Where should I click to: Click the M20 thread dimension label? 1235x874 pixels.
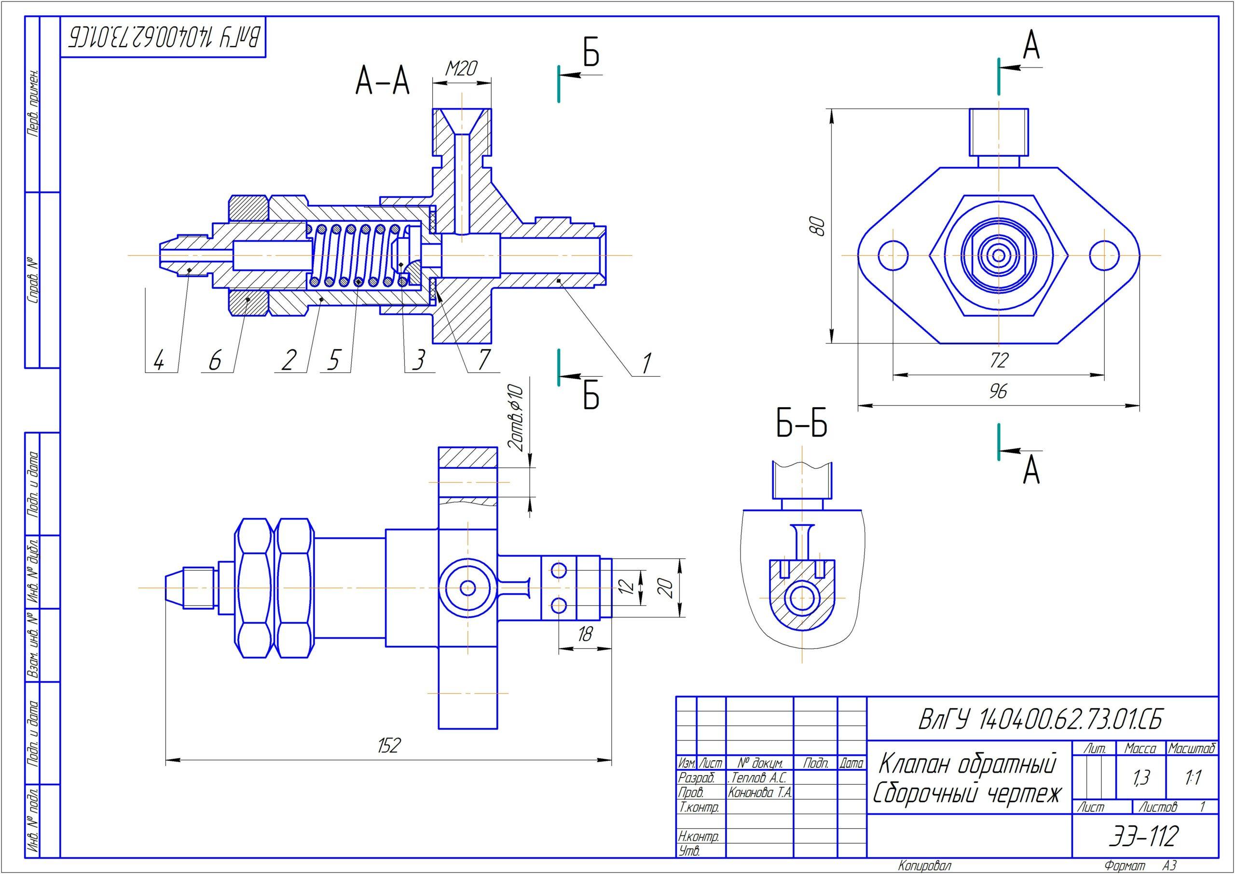coord(461,68)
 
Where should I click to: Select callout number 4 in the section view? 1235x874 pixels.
coord(158,359)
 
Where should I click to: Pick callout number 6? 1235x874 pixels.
coord(215,359)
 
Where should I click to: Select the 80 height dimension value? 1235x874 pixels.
coord(817,226)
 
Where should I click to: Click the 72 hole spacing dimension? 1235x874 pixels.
coord(998,360)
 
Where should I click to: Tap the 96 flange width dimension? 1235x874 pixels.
coord(998,391)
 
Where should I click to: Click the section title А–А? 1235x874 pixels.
coord(383,83)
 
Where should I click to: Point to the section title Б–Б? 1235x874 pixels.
coord(801,423)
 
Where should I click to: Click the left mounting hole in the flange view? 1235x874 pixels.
coord(892,256)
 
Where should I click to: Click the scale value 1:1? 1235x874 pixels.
coord(1193,777)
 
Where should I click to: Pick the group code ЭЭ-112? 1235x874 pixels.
coord(1143,836)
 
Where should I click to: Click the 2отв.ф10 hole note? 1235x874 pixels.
coord(516,417)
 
